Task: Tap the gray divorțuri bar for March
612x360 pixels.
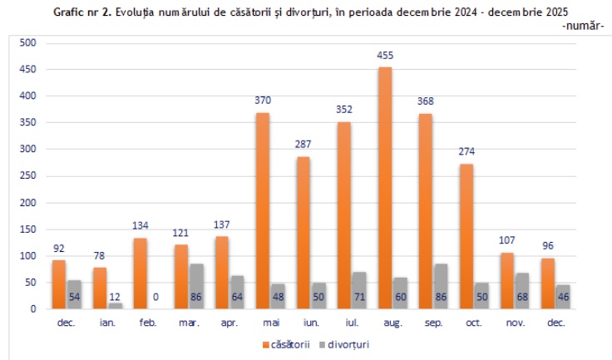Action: [197, 287]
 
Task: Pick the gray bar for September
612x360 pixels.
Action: [442, 287]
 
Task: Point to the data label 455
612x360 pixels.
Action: [385, 56]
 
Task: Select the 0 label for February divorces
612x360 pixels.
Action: [155, 296]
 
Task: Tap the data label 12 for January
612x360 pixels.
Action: [115, 296]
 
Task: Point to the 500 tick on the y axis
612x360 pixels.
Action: [29, 43]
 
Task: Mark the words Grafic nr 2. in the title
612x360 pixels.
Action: [81, 13]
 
